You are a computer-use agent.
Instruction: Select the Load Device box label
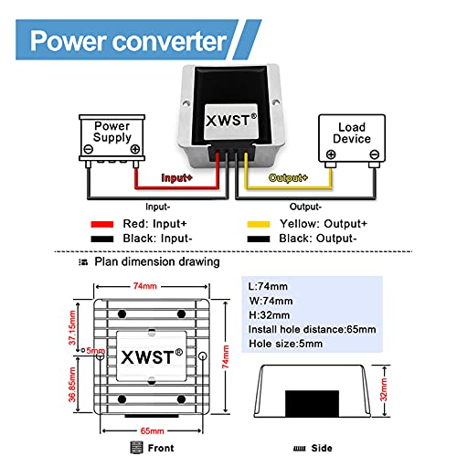point(352,133)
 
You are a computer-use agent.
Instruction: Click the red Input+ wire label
point(177,178)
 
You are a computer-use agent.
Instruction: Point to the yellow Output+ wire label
point(287,178)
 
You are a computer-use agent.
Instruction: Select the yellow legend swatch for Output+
point(259,222)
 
